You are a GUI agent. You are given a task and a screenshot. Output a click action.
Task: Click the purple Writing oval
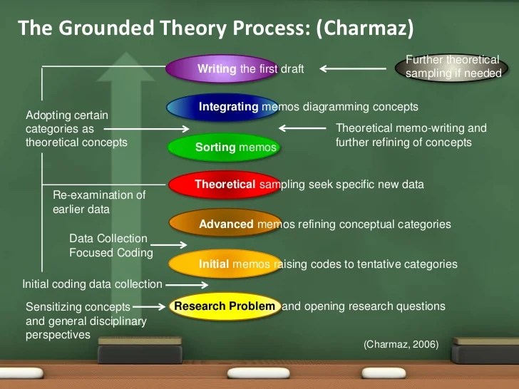coord(221,69)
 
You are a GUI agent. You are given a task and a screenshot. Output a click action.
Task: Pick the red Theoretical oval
coord(224,185)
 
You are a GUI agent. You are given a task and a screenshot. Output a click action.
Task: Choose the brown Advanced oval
coord(225,224)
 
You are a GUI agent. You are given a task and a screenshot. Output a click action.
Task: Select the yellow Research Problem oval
coord(225,306)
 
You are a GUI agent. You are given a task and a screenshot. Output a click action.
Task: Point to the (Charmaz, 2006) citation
coord(401,344)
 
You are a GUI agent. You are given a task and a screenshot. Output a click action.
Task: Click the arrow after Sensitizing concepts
coord(149,307)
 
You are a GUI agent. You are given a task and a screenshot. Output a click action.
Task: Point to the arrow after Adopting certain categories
coord(146,130)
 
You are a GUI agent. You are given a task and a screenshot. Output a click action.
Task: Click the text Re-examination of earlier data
coord(98,202)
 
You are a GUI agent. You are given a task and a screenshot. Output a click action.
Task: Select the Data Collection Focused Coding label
coord(111,246)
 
